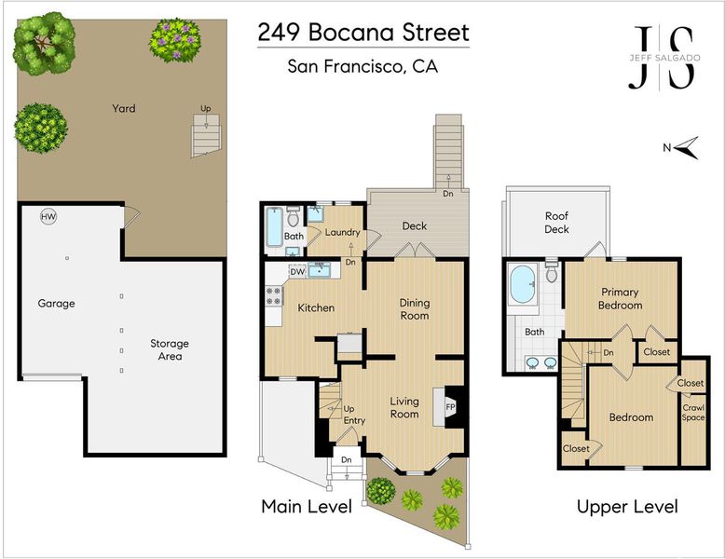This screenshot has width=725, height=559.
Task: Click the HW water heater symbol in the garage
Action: point(48,216)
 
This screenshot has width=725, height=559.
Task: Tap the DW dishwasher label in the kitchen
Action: point(297,272)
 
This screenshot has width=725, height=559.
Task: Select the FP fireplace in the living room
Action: point(449,407)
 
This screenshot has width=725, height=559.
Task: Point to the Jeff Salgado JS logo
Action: point(664,58)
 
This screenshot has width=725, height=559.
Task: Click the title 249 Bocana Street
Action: point(363,33)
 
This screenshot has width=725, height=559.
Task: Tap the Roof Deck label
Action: point(556,223)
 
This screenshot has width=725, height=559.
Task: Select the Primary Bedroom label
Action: point(620,299)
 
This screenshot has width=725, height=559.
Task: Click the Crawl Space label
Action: point(693,413)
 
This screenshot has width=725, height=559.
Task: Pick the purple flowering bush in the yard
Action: point(175,40)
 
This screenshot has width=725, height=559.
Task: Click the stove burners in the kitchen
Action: point(274,296)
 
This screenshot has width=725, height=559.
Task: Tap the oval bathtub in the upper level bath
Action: point(523,284)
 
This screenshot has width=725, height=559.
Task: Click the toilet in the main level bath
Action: point(294,216)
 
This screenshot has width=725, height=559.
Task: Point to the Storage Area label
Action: point(170,349)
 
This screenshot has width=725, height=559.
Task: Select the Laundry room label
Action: point(342,233)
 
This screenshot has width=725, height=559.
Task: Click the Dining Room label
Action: point(415,309)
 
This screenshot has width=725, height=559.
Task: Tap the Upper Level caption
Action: point(627,507)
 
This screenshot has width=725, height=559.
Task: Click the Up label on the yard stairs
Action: point(206,109)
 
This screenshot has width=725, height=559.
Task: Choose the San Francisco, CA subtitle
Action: point(362,66)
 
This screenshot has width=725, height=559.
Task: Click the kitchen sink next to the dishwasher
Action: point(319,270)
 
